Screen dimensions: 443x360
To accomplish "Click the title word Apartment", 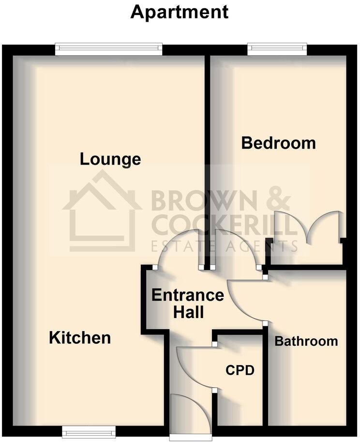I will (x=180, y=13).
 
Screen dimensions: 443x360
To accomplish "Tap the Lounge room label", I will (x=110, y=159).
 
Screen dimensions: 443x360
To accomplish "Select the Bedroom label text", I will (x=278, y=143).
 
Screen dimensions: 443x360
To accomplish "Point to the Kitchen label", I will (x=80, y=337).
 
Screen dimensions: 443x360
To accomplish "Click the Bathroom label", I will (x=306, y=341).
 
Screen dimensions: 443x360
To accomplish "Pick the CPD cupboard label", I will (x=240, y=371).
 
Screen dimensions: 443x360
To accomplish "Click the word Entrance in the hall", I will (x=188, y=295).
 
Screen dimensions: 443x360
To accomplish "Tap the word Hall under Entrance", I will (x=188, y=312).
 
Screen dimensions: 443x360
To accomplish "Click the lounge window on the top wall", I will (x=108, y=47).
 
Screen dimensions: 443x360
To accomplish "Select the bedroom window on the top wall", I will (x=277, y=47).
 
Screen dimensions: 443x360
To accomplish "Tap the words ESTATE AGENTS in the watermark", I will (x=224, y=246).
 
